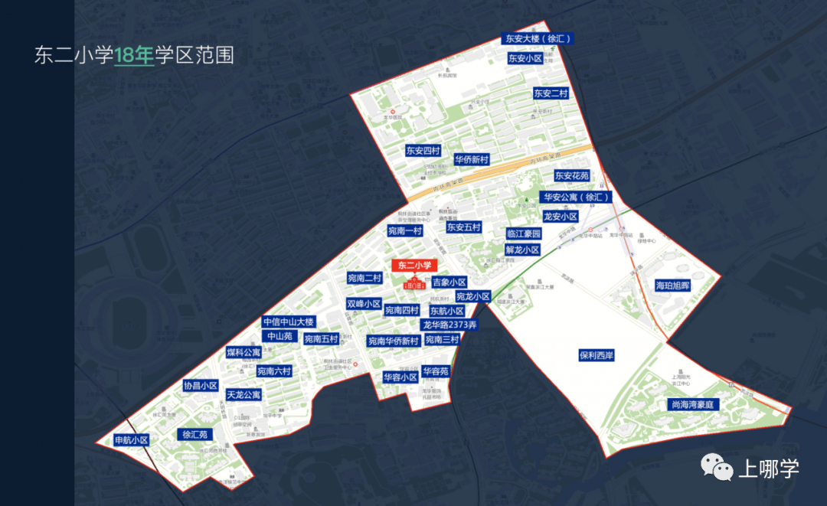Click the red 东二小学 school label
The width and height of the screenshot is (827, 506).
point(414,266)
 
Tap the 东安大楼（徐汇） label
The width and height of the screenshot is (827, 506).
point(538,38)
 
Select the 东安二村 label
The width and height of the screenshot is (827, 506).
point(551,93)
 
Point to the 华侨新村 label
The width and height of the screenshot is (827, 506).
point(472,160)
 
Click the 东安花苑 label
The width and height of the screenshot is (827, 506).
point(573,176)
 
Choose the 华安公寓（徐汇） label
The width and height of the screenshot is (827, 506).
point(577,197)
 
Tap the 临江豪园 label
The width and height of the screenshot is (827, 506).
point(524,233)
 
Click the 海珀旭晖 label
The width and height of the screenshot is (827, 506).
point(673,286)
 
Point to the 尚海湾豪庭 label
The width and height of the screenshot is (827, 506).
point(692,404)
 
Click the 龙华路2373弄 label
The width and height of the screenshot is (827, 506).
point(450,325)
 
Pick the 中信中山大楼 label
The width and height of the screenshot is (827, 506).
point(288,322)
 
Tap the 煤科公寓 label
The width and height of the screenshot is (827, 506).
point(244,353)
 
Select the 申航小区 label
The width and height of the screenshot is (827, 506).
point(130,440)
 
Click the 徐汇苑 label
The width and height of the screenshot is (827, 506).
point(195,435)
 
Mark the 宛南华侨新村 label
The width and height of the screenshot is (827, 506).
point(393,341)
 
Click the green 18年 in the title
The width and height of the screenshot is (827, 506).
point(134,55)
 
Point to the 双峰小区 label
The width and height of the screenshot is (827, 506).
point(364,304)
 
